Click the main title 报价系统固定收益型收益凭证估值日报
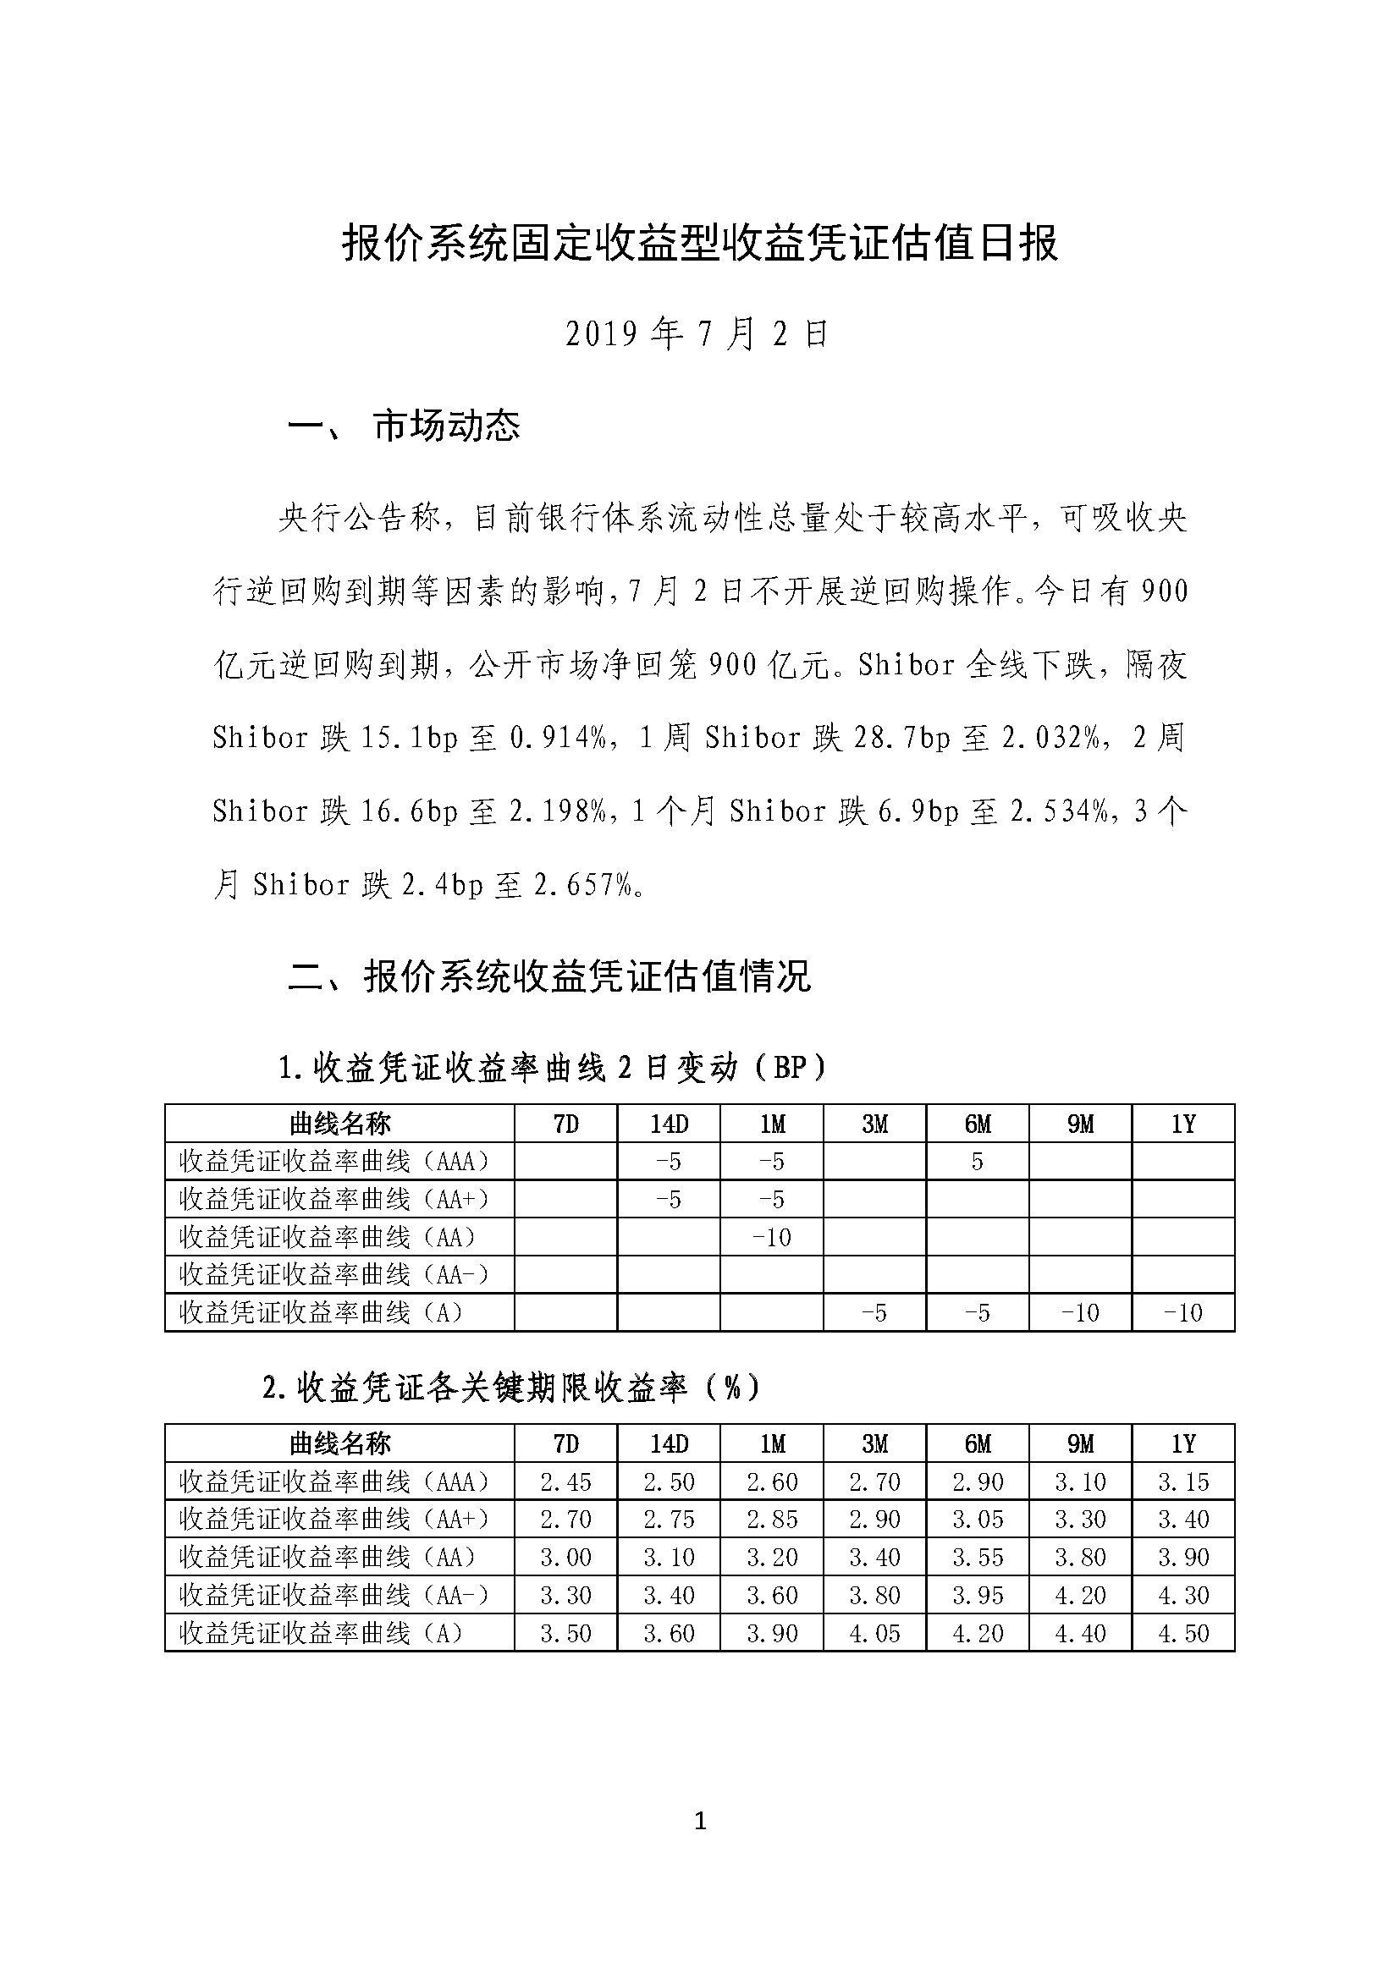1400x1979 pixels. click(699, 244)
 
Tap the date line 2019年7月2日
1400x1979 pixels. click(697, 334)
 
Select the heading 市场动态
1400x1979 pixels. click(447, 426)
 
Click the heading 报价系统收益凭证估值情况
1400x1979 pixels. click(587, 977)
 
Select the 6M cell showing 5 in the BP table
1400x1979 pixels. click(977, 1162)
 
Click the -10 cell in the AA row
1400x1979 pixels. click(771, 1238)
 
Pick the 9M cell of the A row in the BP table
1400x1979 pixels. click(1079, 1313)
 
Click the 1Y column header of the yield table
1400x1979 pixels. click(1182, 1443)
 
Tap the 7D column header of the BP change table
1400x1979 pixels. click(565, 1124)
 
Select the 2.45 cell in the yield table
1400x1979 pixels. click(565, 1482)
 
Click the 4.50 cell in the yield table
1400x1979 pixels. click(1182, 1633)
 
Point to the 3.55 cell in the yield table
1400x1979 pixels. click(977, 1558)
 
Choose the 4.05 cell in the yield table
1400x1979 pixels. click(874, 1633)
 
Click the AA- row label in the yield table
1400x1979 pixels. click(334, 1596)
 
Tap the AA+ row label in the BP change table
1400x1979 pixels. click(334, 1200)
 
